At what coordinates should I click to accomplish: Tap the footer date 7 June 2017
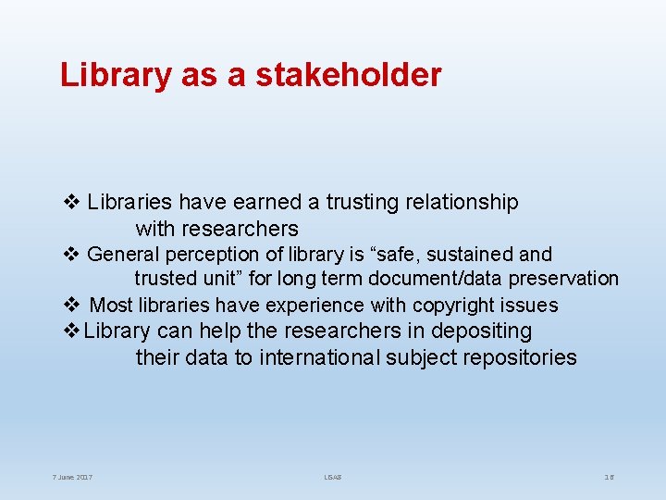[72, 478]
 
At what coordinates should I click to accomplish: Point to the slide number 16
[610, 478]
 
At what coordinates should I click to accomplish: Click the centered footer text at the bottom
[333, 478]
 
